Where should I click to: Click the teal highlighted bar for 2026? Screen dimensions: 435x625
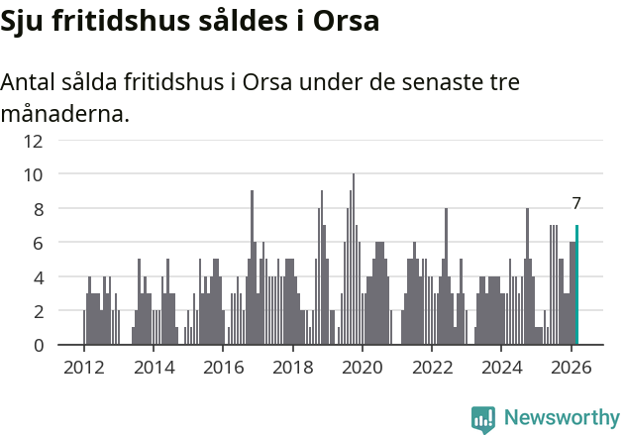pos(576,285)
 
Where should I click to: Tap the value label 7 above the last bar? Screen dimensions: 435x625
pos(576,203)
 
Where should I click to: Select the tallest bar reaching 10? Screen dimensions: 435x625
pos(354,260)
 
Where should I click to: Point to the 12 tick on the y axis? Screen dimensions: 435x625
pos(35,140)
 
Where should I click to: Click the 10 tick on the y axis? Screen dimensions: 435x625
pos(35,174)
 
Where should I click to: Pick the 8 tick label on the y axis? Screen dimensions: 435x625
pos(38,209)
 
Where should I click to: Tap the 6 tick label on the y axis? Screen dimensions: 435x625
pos(38,243)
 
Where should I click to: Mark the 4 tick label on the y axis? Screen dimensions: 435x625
pos(38,277)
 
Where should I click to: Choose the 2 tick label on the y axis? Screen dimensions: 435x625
pos(38,311)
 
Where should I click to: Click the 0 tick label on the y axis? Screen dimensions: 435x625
pos(38,346)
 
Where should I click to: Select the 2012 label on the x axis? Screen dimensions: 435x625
pos(83,367)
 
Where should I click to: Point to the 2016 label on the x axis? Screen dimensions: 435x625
pos(223,367)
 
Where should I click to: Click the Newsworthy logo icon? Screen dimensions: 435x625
pos(483,419)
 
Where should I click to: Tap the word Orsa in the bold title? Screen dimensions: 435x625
pos(346,21)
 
